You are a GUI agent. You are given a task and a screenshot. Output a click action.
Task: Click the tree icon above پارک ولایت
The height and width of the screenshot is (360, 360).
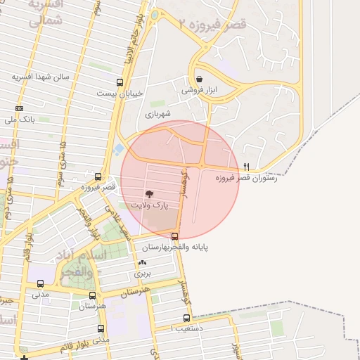tap(148, 193)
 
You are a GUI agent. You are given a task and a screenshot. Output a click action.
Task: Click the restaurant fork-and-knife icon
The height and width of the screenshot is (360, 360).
tap(246, 167)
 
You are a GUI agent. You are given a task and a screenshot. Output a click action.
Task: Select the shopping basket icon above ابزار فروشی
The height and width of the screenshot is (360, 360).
tap(200, 79)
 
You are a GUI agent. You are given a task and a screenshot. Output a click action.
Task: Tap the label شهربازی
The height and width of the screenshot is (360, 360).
tap(159, 112)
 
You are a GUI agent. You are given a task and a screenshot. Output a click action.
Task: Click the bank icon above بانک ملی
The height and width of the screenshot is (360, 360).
tap(19, 109)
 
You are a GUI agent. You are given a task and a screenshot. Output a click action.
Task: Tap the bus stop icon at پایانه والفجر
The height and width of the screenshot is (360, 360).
tap(174, 236)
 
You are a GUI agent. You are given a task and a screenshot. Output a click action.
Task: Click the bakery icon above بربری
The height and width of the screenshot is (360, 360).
tap(143, 262)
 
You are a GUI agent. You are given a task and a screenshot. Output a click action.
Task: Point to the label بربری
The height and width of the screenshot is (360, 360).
tap(143, 272)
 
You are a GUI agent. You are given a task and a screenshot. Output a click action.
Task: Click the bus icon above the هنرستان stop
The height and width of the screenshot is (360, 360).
tap(101, 296)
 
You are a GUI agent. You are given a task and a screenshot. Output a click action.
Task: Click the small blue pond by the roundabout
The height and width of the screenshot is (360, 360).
tap(117, 148)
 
